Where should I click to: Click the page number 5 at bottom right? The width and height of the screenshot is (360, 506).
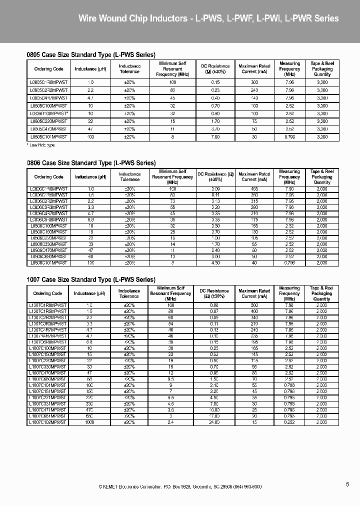(x=347, y=484)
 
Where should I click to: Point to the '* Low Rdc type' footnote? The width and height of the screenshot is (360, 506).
(x=40, y=145)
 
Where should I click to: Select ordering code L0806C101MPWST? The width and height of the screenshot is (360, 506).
(x=48, y=262)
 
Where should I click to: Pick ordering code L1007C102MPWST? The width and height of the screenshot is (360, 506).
(x=47, y=422)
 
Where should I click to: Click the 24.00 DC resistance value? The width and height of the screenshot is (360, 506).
(x=214, y=422)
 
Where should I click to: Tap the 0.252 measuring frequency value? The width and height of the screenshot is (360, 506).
(x=289, y=422)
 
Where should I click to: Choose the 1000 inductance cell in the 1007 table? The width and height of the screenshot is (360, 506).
(x=90, y=422)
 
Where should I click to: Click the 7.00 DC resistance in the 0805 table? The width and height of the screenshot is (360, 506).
(x=214, y=136)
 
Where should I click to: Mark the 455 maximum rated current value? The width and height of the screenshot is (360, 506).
(x=254, y=188)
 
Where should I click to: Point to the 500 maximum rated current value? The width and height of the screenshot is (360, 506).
(x=254, y=305)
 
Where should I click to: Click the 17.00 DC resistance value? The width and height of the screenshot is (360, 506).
(x=214, y=416)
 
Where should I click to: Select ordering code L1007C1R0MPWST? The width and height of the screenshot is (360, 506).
(x=47, y=305)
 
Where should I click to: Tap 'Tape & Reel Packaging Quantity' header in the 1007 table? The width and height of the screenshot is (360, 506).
(x=322, y=293)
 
